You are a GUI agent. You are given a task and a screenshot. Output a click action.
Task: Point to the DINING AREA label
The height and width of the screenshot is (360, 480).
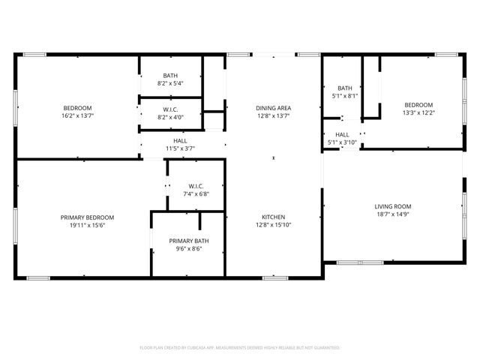pyautogui.click(x=273, y=108)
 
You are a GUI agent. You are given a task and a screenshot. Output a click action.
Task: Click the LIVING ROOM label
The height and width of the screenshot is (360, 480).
pyautogui.click(x=393, y=206)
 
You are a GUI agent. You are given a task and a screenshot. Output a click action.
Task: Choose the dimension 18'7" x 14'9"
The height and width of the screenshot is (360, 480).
pyautogui.click(x=393, y=214)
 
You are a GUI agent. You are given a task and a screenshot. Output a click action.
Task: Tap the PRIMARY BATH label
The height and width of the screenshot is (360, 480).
pyautogui.click(x=188, y=240)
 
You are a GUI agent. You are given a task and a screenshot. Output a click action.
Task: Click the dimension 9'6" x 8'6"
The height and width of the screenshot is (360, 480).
pyautogui.click(x=188, y=248)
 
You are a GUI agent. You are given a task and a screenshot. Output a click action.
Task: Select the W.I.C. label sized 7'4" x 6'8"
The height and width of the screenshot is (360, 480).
pyautogui.click(x=196, y=186)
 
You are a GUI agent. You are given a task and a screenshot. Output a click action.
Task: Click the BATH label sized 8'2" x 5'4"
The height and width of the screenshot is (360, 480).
pyautogui.click(x=170, y=76)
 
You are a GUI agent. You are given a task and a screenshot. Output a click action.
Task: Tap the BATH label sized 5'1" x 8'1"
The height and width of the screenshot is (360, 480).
pyautogui.click(x=345, y=88)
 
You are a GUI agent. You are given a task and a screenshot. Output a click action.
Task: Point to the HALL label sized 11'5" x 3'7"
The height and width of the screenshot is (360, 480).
pyautogui.click(x=180, y=140)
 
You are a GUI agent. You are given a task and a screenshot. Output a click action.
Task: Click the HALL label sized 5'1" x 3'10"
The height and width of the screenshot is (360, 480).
pyautogui.click(x=341, y=134)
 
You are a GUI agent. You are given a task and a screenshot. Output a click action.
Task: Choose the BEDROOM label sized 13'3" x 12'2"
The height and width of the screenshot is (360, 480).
pyautogui.click(x=418, y=105)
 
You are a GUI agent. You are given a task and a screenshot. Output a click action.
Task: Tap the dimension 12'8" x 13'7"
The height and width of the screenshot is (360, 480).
pyautogui.click(x=273, y=116)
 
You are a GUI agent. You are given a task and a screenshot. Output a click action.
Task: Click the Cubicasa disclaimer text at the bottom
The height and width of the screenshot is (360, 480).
pyautogui.click(x=240, y=347)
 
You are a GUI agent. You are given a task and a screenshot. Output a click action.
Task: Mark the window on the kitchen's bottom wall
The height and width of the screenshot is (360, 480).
pyautogui.click(x=274, y=277)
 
